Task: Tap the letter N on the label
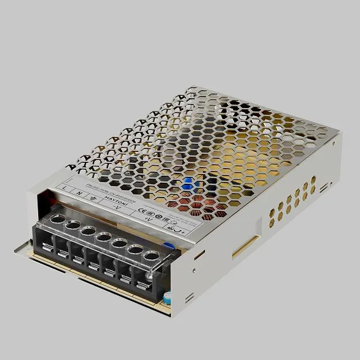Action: pos(80,192)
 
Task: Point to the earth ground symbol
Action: pos(94,196)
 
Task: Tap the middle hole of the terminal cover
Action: pos(103,236)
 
